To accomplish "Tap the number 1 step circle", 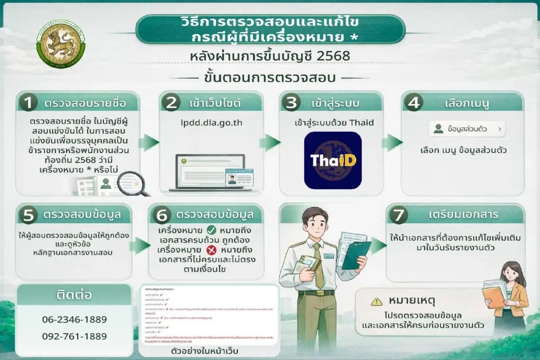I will coord(28,103).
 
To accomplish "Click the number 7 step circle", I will coord(398,215).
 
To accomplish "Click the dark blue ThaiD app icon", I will coord(332,160).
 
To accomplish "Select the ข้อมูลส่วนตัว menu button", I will coord(466,129).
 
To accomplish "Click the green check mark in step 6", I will coord(211,229).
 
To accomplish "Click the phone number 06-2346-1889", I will coord(74,319).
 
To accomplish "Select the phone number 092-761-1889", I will coord(74,336).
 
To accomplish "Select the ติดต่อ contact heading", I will coord(74,295).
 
